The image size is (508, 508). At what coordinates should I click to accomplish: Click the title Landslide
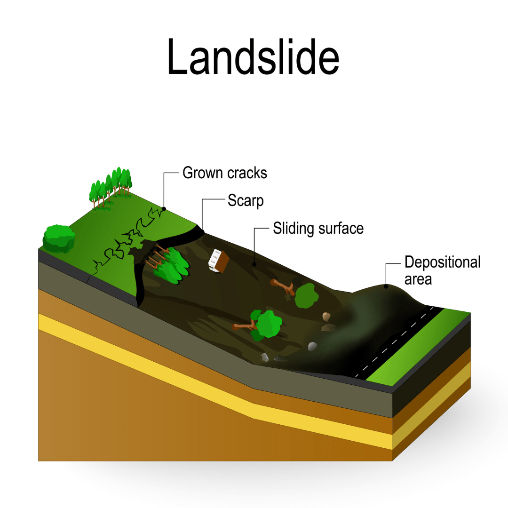(x=253, y=57)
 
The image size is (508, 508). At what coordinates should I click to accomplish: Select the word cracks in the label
(x=247, y=173)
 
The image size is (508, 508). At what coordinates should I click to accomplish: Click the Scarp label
(x=246, y=201)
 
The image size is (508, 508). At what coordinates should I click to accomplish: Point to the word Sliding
(x=294, y=229)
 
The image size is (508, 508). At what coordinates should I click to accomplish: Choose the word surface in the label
(x=341, y=229)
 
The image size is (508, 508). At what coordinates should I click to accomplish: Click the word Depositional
(x=442, y=262)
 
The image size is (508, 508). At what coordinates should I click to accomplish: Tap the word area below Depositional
(x=418, y=279)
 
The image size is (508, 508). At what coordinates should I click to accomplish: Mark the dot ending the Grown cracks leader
(x=163, y=208)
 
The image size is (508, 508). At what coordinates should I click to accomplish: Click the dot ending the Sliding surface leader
(x=254, y=264)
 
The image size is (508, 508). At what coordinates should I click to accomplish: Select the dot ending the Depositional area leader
(x=386, y=286)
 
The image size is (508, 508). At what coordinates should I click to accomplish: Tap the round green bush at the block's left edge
(x=59, y=238)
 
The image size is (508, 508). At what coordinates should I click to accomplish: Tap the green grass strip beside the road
(x=419, y=348)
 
